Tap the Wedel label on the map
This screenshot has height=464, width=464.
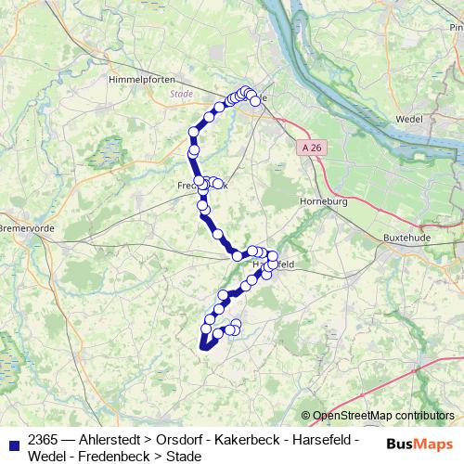click(x=408, y=120)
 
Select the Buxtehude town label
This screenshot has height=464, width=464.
click(x=406, y=238)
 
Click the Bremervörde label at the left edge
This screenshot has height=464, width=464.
click(x=19, y=227)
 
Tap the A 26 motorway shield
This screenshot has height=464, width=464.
click(x=314, y=147)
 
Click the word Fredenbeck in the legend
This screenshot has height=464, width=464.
click(x=117, y=456)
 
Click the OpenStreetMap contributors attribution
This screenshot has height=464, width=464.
click(x=382, y=416)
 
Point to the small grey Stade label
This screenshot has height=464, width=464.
click(x=182, y=94)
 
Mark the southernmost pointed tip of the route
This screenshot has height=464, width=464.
click(x=200, y=349)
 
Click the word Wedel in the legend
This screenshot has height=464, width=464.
click(x=48, y=456)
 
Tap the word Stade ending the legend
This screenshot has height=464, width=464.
click(x=183, y=456)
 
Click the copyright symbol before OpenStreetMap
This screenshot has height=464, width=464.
click(x=306, y=416)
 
